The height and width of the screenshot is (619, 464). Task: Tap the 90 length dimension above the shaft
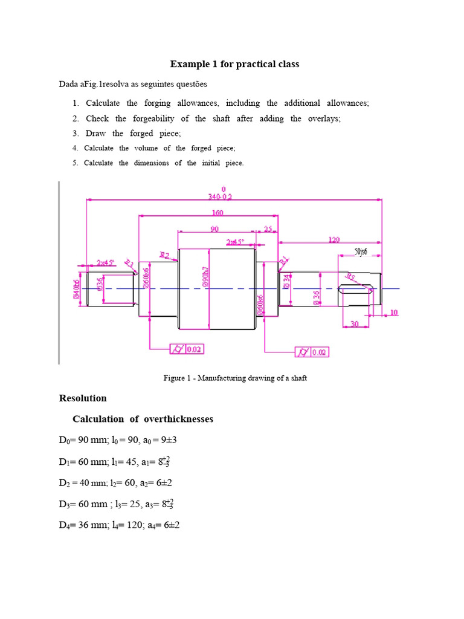(214, 228)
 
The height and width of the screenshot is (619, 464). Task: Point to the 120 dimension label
(333, 239)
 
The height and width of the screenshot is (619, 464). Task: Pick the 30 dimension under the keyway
(355, 324)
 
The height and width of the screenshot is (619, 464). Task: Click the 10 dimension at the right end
(394, 313)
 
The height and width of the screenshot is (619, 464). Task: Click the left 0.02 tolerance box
(195, 349)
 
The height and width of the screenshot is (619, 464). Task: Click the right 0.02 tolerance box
(320, 352)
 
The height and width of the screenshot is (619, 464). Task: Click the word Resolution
(82, 398)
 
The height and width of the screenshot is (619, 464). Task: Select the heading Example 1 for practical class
(234, 64)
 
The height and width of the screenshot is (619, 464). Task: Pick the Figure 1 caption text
(235, 378)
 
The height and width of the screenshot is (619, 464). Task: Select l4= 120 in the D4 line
(125, 525)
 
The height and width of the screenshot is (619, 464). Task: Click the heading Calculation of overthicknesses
(143, 419)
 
